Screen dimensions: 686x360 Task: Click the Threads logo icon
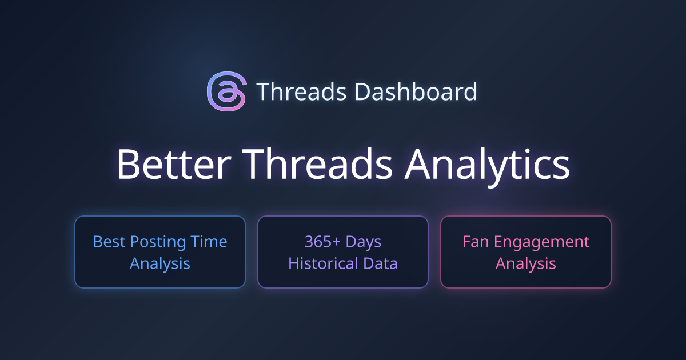(226, 91)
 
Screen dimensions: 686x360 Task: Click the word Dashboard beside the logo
(416, 91)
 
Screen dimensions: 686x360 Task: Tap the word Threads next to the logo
(302, 91)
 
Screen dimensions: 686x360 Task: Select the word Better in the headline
(174, 164)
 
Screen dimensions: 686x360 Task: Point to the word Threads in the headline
(318, 164)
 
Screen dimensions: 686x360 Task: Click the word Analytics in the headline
(487, 167)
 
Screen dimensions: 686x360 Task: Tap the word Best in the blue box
(109, 242)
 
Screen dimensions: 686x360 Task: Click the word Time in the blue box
(209, 242)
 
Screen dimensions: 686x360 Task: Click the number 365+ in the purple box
(322, 242)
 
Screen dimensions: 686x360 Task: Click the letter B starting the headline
(127, 165)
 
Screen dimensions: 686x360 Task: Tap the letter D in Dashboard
(363, 91)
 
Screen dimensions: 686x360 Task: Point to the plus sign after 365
(336, 242)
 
